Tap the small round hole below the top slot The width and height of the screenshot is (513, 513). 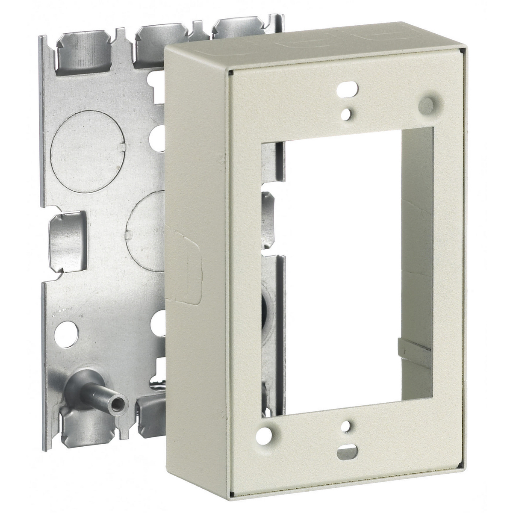[350, 112]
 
